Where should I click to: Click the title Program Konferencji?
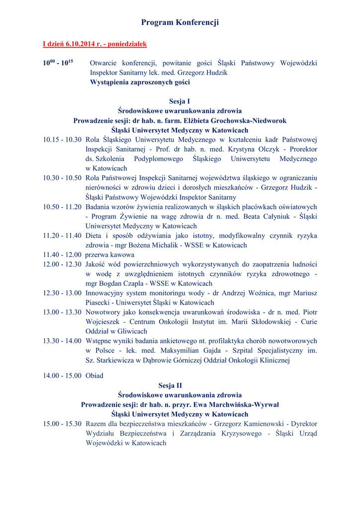pos(180,22)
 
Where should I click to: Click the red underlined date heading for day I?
pos(94,44)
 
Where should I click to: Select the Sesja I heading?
pos(180,101)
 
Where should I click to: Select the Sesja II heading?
pos(180,385)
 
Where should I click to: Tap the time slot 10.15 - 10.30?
pos(62,140)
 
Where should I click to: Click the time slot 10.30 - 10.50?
pos(62,178)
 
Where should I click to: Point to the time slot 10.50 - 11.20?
pos(62,207)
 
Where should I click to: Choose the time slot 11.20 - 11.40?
pos(62,236)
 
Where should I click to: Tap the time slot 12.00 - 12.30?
pos(62,264)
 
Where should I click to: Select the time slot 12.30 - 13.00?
pos(62,293)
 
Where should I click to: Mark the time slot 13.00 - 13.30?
pos(62,312)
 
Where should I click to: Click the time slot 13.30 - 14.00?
pos(62,341)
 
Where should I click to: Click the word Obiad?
pos(94,376)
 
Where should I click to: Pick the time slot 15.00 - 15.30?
pos(62,424)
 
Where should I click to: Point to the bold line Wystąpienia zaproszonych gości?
pos(140,82)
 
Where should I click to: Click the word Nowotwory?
pos(104,312)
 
